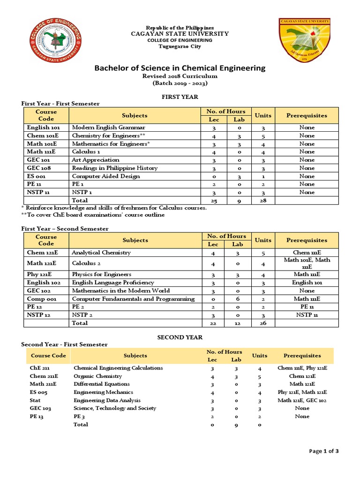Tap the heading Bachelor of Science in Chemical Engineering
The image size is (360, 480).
coord(180,68)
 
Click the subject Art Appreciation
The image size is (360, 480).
coord(96,160)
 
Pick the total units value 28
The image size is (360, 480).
coord(262,201)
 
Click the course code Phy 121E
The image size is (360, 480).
coord(40,274)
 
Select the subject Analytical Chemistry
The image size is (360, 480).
coord(101,253)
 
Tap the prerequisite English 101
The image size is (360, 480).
coord(307,282)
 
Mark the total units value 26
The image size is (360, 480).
coord(262,323)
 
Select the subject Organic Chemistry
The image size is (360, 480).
coord(97,376)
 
